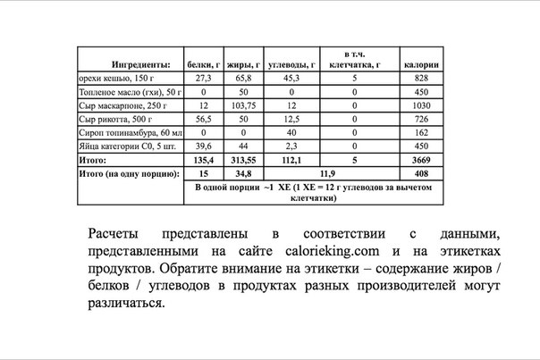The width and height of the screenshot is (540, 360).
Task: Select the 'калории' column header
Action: click(420, 65)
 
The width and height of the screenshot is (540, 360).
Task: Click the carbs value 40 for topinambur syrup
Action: click(290, 132)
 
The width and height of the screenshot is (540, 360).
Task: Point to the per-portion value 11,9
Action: click(327, 173)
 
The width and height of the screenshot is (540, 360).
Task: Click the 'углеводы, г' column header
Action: click(290, 65)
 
